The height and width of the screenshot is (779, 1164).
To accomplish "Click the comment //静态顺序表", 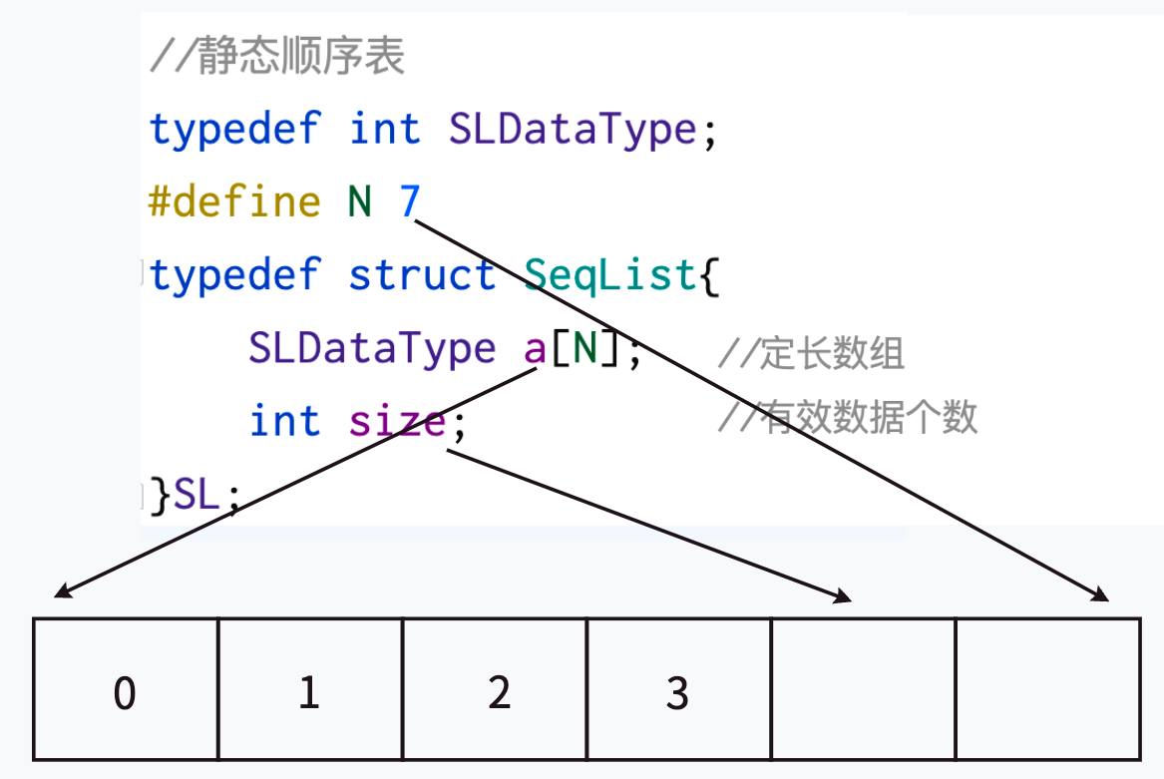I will [x=277, y=58].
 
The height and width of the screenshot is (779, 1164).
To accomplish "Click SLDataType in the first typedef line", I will [x=572, y=130].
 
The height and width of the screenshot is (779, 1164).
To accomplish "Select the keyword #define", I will [x=234, y=202].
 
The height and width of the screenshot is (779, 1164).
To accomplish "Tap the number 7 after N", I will [x=410, y=202].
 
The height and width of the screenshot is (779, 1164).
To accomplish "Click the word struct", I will [x=422, y=275].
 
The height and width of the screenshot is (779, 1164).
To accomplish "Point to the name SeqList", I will [x=609, y=275].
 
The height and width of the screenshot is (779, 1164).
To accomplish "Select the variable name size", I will [x=397, y=421].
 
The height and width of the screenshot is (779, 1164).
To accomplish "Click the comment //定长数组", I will [x=811, y=353].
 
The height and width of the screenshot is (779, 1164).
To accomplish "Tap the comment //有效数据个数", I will [x=848, y=418].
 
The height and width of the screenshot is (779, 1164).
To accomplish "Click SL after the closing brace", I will [x=196, y=495].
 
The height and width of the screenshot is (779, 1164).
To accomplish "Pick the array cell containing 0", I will [x=125, y=690].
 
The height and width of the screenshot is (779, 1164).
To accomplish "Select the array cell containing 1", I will [x=309, y=690].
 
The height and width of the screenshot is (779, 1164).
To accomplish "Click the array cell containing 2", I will [x=495, y=690].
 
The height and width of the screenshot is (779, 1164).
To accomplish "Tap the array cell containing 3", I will [x=678, y=690].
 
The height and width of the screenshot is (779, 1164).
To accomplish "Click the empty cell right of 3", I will [x=863, y=690].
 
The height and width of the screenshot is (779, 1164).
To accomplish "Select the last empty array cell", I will [x=1047, y=690].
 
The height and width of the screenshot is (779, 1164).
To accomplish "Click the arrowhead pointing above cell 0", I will [x=63, y=592].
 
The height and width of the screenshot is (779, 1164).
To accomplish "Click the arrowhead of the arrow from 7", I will [x=1100, y=595].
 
